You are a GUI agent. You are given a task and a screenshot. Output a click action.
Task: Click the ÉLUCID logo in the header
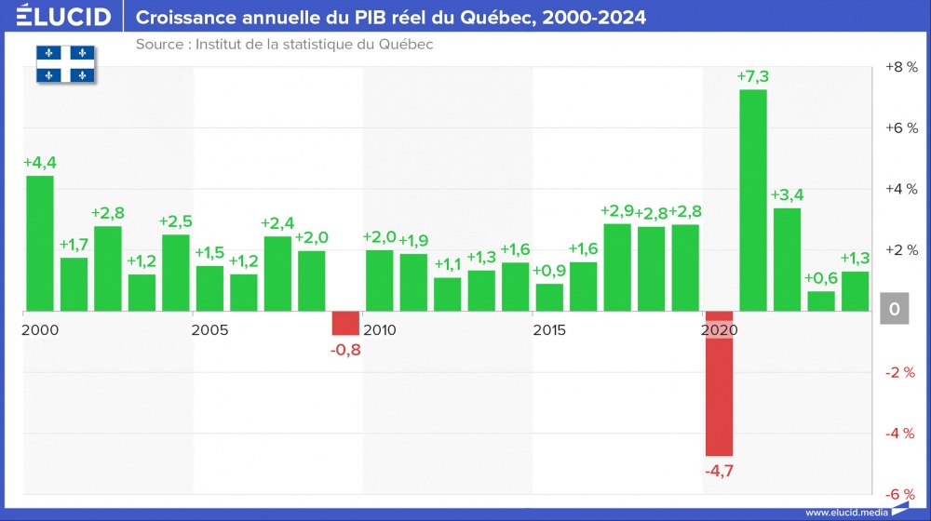coord(63,17)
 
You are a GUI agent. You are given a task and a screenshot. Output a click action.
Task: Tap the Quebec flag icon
coord(66,63)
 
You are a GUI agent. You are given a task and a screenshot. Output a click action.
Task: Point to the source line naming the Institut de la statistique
coord(284,45)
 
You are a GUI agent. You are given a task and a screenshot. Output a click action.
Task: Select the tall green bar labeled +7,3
coord(752,200)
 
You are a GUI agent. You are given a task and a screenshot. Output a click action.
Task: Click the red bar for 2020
coord(719,382)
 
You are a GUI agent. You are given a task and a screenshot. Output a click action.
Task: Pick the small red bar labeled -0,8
coord(345,323)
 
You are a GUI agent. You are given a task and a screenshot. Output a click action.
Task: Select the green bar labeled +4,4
coord(39,243)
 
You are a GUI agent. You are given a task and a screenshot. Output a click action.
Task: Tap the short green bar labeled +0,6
coord(820,301)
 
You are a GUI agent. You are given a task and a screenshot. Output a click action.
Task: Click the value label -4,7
coord(719,471)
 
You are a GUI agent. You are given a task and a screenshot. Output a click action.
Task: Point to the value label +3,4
coord(787,194)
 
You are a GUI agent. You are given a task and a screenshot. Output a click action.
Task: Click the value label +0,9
coord(549,271)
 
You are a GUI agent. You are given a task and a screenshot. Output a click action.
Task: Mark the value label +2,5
coord(176,221)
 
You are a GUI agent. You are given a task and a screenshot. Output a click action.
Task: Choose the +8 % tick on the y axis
coord(900,67)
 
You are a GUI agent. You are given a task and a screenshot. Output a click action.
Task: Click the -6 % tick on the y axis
coord(900,494)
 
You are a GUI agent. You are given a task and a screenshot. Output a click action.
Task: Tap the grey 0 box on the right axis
coord(895,309)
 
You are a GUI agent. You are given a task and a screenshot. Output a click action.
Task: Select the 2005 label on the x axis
coord(210,330)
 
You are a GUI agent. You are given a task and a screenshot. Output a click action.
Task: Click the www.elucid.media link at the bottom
coord(846,512)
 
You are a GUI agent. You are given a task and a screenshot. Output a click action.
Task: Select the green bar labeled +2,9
coord(617,267)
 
